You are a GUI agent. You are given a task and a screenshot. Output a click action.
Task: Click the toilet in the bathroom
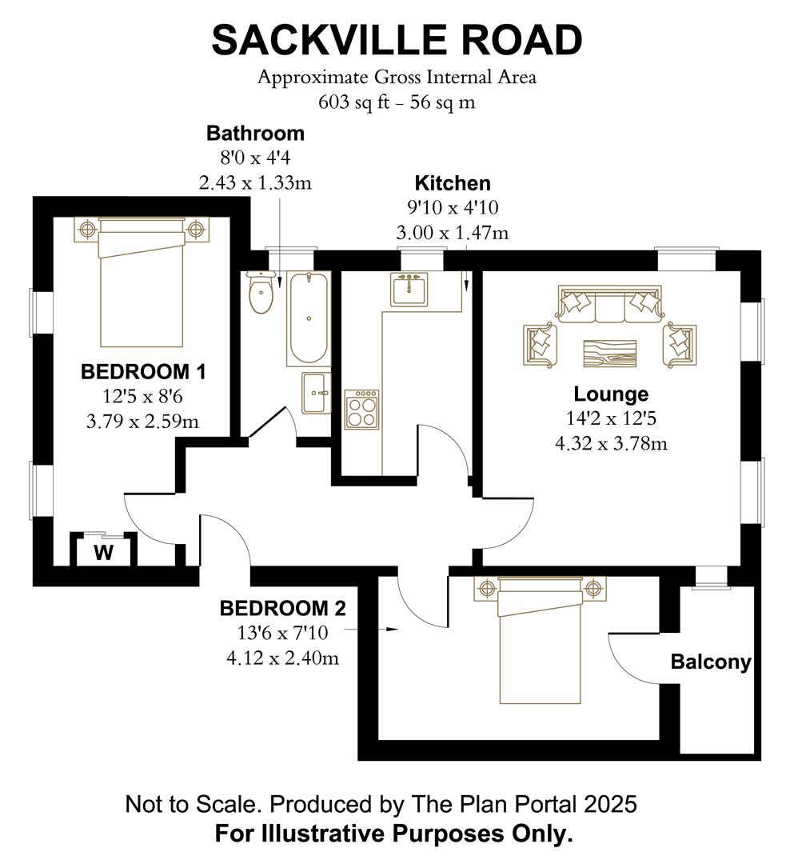pos(261,292)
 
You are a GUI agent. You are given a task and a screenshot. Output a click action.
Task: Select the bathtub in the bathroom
pos(309,318)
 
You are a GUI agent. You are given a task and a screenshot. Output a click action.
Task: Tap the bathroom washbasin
pos(316,393)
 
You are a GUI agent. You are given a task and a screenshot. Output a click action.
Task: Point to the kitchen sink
pos(409,289)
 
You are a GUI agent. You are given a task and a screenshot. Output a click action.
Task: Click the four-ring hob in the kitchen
pos(361,410)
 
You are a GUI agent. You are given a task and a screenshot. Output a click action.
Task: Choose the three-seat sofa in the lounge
pos(609,304)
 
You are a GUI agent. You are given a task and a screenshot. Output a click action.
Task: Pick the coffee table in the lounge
pos(610,354)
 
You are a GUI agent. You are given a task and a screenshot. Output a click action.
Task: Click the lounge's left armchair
pos(540,346)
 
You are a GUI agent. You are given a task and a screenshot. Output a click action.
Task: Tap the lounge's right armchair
pos(680,345)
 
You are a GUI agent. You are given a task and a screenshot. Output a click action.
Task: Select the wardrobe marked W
pos(103,551)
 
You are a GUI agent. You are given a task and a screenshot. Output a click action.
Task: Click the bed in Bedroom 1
pos(141,282)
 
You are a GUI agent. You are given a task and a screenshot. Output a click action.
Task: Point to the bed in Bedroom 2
pos(541,641)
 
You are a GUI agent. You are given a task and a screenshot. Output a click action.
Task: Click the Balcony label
pos(711,662)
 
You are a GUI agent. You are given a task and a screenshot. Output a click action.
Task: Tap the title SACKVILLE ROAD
pos(397,40)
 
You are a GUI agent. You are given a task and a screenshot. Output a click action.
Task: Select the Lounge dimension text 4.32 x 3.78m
pos(611,443)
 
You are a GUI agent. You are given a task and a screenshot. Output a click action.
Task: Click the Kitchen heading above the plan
pos(453,183)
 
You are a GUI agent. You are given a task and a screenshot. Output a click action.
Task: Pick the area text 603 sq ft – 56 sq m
pos(397,102)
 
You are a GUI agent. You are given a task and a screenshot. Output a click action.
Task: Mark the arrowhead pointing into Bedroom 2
pos(392,630)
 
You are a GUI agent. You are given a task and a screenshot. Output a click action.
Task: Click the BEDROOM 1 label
pos(143,372)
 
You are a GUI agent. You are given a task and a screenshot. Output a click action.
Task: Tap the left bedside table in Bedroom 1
pos(86,229)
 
